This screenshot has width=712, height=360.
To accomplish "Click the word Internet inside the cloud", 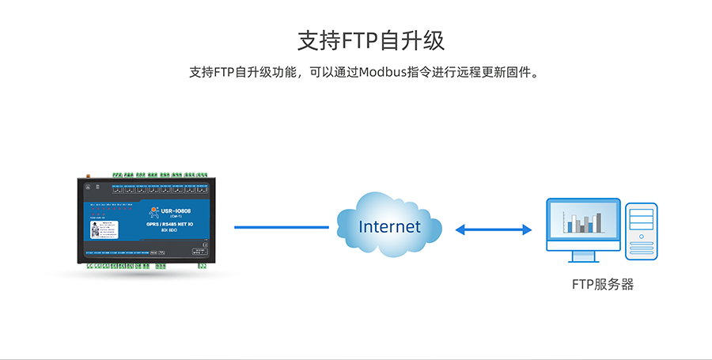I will click(x=390, y=227).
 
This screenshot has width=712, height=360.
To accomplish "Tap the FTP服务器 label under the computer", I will click(x=603, y=285).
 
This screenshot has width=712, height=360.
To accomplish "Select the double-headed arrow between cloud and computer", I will click(x=494, y=229).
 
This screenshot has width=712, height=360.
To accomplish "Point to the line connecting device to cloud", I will click(x=281, y=227).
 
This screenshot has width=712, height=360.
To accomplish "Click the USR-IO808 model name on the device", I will click(x=175, y=210).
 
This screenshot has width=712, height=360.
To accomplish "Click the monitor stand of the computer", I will click(x=585, y=256).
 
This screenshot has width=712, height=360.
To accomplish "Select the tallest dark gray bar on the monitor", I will click(x=598, y=222).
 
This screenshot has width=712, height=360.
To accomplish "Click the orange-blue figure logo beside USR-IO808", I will click(x=152, y=211).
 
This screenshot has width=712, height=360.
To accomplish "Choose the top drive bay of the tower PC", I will click(x=641, y=210).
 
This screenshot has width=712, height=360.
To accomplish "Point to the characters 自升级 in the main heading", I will click(x=411, y=40).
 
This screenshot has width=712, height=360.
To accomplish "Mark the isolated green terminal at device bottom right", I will click(x=203, y=265).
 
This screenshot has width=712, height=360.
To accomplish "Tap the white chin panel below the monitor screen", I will click(x=585, y=246).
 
